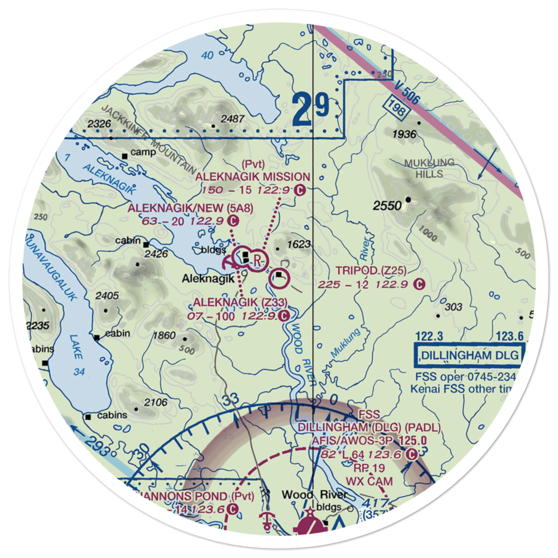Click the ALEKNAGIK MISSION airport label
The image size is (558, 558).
[x=253, y=177]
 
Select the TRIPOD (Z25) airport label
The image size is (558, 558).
[x=371, y=271]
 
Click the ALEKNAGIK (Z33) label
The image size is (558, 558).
[x=240, y=302]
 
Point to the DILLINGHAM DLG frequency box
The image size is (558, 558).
[x=469, y=355]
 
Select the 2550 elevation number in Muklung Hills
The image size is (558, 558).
[x=387, y=206]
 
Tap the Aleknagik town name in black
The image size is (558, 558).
[x=204, y=278]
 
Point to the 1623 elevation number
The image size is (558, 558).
[x=299, y=244]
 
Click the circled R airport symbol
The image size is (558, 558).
[x=257, y=260]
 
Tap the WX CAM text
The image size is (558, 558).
[x=369, y=480]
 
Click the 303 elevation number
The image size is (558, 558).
[x=454, y=307]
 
